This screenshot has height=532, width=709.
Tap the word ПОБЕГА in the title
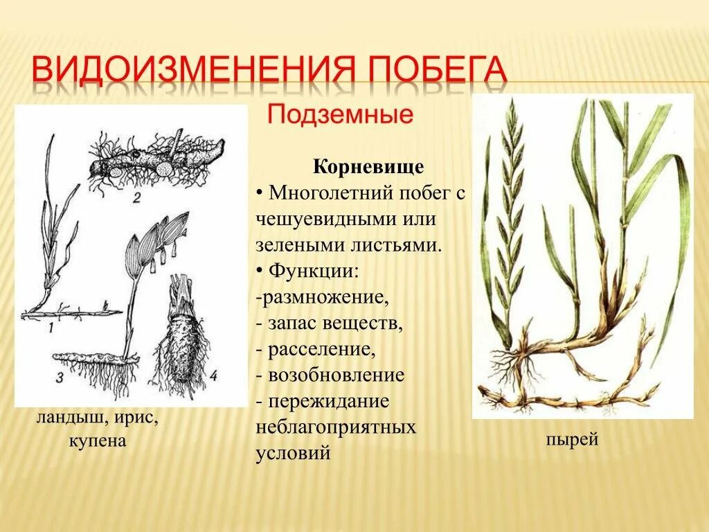435,72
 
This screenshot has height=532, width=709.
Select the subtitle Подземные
340,114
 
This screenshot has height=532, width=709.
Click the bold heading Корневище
368,168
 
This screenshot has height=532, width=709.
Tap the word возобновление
337,375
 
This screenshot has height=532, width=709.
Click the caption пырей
571,440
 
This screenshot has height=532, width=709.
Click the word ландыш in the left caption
67,420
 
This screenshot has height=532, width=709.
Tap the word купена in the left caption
98,441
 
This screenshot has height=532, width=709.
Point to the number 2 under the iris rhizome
136,199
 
